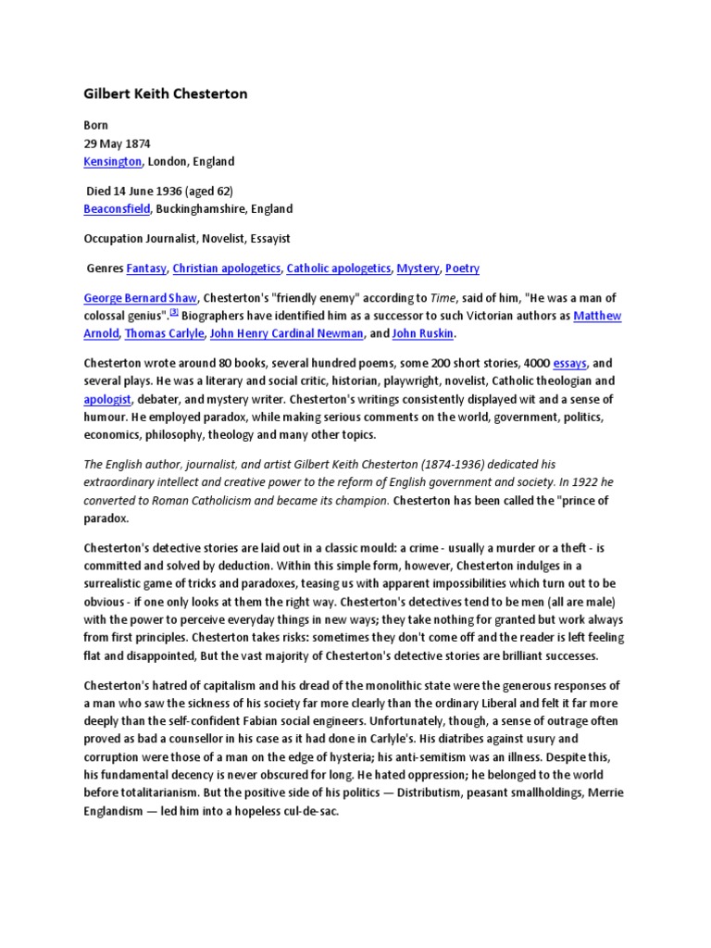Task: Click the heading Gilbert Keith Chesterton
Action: (x=166, y=94)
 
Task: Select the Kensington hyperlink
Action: (x=112, y=161)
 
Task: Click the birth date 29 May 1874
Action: (x=117, y=143)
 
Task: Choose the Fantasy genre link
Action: (x=146, y=268)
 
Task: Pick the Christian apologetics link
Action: (x=226, y=268)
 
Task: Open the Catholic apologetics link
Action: (x=339, y=268)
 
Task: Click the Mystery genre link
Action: (x=418, y=268)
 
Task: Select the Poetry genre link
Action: (x=462, y=268)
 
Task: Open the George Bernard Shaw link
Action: (x=139, y=299)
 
